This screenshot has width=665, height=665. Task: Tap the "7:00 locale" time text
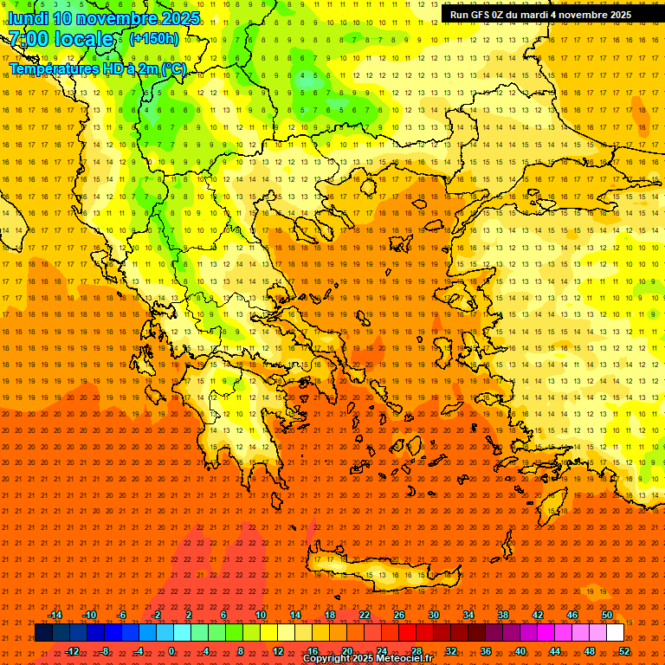61,39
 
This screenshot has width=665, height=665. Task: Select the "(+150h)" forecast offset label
154,39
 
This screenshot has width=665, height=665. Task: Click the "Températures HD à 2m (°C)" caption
98,68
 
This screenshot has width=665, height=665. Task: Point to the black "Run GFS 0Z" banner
540,15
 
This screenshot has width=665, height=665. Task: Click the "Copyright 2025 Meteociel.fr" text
367,659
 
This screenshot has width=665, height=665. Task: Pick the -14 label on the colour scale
55,615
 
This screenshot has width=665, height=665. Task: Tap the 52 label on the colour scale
624,650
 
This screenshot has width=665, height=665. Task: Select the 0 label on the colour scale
171,650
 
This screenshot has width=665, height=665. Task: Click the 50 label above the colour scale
607,615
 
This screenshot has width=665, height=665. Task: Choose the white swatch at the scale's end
615,633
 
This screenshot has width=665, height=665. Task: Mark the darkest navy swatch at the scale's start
43,633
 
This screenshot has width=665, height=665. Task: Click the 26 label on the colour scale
399,615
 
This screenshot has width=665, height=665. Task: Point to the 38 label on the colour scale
503,615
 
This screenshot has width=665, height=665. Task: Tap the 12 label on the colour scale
278,650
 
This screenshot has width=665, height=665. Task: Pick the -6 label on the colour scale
122,615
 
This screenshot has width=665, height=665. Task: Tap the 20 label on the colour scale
347,650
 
